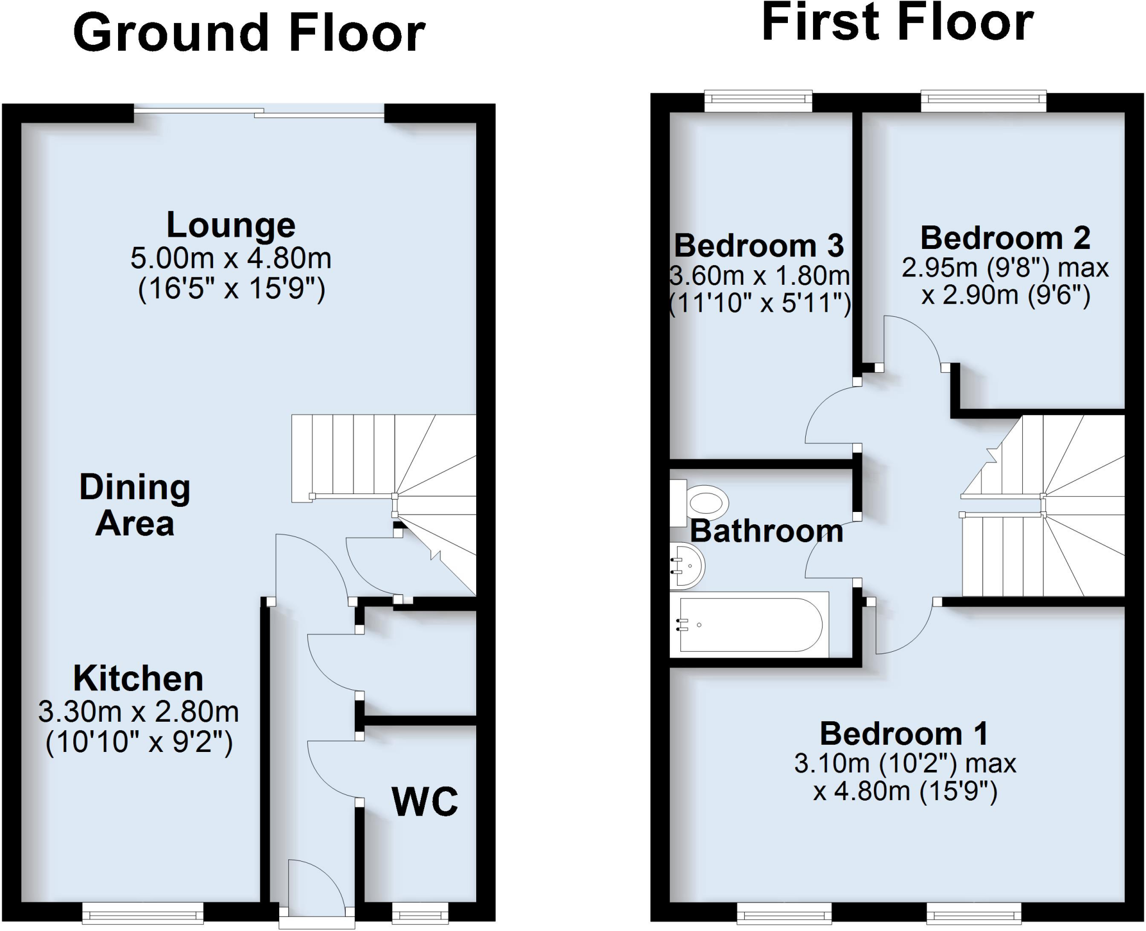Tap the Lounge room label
point(231,225)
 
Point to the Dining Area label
point(135,505)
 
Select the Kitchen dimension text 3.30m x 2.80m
point(138,712)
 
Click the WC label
point(425,802)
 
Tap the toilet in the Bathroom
point(702,502)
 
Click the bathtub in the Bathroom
point(750,624)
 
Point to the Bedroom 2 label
point(1005,238)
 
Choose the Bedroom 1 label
point(904,733)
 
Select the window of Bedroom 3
point(758,100)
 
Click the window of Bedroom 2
point(983,100)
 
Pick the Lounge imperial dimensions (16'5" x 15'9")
point(231,290)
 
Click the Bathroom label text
point(767,531)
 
